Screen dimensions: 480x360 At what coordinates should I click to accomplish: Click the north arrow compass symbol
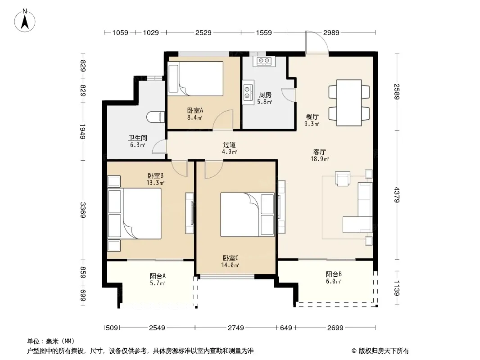(x=25, y=21)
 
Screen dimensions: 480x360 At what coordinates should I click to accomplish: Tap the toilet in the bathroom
(x=155, y=117)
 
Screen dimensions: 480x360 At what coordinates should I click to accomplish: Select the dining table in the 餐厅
(x=349, y=103)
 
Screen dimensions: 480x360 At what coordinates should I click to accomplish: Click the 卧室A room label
(x=195, y=110)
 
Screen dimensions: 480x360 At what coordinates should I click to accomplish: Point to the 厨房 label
(x=265, y=95)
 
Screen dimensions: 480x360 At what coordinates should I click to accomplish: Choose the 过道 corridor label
(x=229, y=144)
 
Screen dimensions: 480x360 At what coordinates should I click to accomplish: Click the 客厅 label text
(x=320, y=152)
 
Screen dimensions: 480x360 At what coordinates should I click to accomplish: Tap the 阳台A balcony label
(x=158, y=276)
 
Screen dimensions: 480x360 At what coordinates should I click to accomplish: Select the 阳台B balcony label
(x=334, y=274)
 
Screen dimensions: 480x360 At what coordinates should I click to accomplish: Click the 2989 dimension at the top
(x=331, y=32)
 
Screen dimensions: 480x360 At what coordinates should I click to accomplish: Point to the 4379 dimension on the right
(x=397, y=194)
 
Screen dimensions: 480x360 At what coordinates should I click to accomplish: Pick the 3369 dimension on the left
(x=83, y=210)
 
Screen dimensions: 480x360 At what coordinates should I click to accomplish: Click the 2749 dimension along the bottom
(x=235, y=328)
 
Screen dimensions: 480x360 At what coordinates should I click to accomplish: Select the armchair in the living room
(x=343, y=179)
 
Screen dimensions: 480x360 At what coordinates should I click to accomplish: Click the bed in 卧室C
(x=247, y=214)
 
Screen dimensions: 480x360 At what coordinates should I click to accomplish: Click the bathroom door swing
(x=159, y=146)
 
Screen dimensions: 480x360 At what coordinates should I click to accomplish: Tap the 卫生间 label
(x=137, y=138)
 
